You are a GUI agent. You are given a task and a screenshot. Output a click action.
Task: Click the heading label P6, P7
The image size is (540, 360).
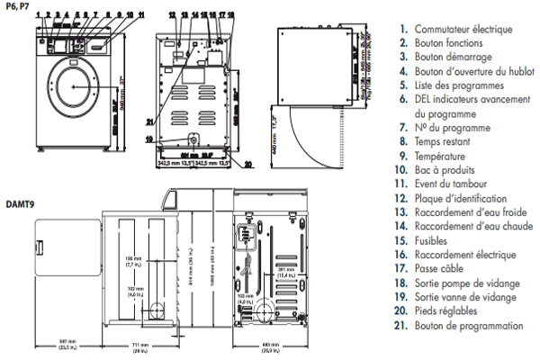(13, 5)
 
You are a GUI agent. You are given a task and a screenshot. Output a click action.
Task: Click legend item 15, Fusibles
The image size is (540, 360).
(433, 240)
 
